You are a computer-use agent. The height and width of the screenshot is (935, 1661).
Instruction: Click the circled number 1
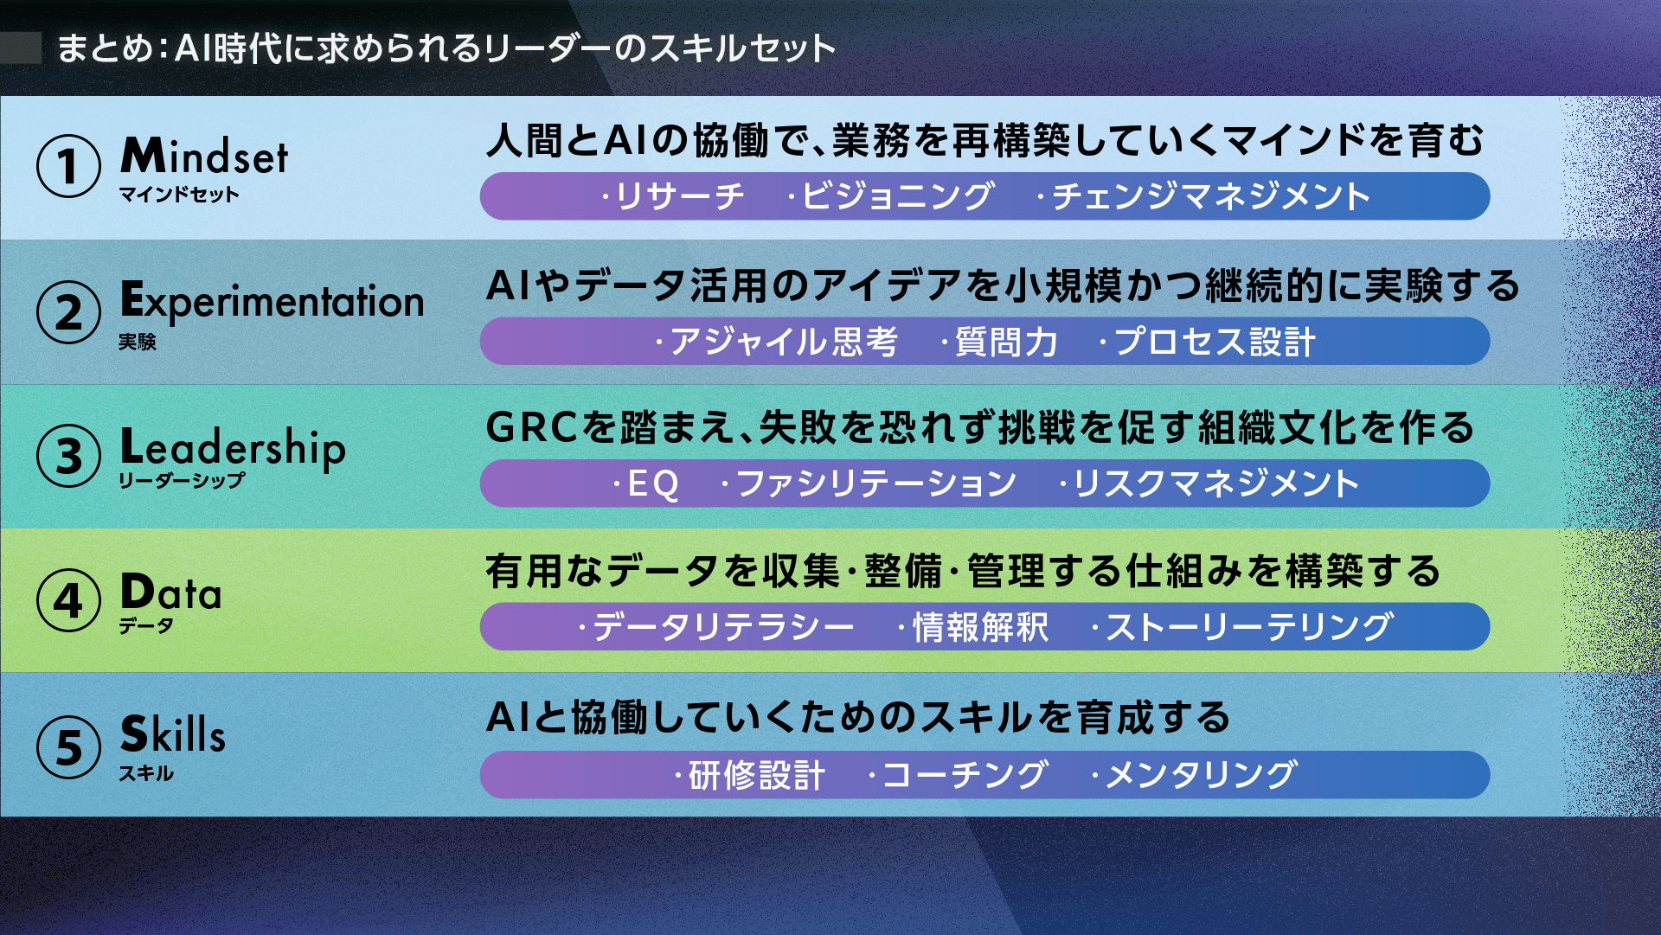(x=68, y=166)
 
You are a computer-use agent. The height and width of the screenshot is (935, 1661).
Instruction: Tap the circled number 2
(x=68, y=311)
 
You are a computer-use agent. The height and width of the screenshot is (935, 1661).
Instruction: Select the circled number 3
(x=68, y=456)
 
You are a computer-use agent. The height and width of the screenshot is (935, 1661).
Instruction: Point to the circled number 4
(x=68, y=600)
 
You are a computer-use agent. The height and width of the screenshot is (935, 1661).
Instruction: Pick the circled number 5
(x=68, y=746)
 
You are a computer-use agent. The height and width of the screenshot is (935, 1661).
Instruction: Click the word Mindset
(x=204, y=156)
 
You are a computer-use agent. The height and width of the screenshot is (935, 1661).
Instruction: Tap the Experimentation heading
(x=272, y=302)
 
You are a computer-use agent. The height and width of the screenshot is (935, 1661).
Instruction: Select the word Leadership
(x=233, y=448)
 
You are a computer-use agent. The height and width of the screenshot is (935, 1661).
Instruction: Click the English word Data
(x=170, y=592)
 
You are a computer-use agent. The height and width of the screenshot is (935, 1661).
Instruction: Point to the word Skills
(x=172, y=733)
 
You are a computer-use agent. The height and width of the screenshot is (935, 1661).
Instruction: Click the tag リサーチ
(x=679, y=196)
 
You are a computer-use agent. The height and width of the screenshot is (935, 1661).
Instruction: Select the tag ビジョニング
(x=897, y=196)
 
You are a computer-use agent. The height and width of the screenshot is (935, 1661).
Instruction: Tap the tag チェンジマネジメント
(x=1211, y=196)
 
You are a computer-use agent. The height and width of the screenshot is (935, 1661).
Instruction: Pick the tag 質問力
(x=1006, y=342)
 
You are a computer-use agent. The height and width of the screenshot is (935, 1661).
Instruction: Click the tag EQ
(x=653, y=484)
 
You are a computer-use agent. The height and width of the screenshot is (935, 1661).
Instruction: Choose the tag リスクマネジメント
(x=1216, y=484)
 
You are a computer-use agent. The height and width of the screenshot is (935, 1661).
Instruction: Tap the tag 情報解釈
(x=980, y=627)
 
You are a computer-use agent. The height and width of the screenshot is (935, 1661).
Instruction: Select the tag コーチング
(x=965, y=774)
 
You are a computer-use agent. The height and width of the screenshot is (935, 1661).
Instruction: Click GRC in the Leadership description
(x=531, y=427)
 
